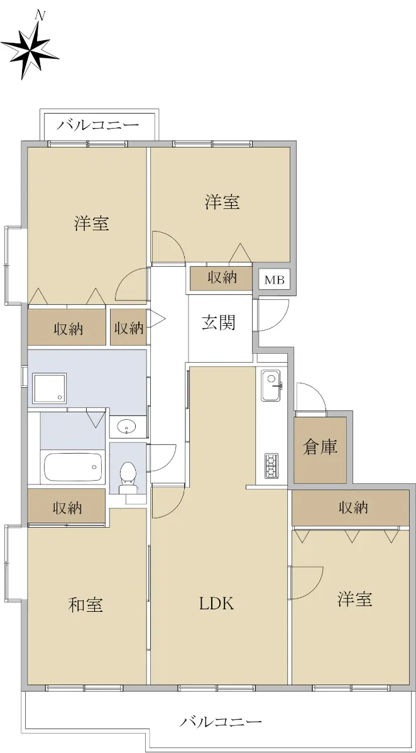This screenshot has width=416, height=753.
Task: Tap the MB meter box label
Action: click(x=275, y=280)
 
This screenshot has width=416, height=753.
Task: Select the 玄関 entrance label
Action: click(x=219, y=323)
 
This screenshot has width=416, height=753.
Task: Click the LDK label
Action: click(x=216, y=604)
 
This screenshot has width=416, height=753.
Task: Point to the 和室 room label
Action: click(x=85, y=605)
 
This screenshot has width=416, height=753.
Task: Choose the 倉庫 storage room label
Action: click(x=320, y=447)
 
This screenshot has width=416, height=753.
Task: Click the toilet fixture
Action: click(x=128, y=478)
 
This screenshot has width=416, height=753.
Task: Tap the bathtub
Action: click(x=73, y=467)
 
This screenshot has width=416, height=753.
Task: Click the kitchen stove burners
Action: click(x=271, y=466)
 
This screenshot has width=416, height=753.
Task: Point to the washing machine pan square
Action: click(x=50, y=388)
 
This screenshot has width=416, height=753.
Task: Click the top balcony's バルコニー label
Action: click(x=98, y=125)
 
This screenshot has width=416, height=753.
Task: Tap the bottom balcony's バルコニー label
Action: click(x=221, y=722)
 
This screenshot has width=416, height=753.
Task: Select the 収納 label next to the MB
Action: click(x=222, y=277)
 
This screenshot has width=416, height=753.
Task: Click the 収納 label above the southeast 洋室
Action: click(x=353, y=508)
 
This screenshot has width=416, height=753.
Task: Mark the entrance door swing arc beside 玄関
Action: click(x=283, y=321)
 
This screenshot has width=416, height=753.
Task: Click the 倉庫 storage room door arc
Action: click(x=316, y=390)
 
